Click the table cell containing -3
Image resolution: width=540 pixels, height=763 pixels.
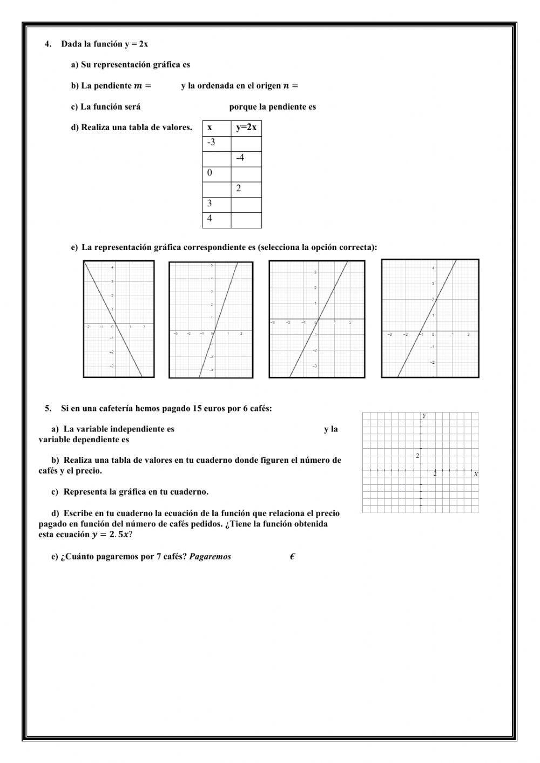pos(216,143)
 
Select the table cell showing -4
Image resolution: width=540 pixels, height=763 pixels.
pos(246,158)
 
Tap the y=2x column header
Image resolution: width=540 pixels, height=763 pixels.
pos(246,128)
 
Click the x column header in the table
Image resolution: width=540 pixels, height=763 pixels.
pos(216,128)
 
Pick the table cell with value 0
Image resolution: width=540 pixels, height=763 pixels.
pos(216,173)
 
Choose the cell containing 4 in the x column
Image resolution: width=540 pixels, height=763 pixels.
pos(216,219)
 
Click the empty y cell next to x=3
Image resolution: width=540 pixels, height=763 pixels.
pos(246,204)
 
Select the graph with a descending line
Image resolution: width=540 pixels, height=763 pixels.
pos(119,319)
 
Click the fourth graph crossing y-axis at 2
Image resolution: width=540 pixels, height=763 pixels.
pos(430,319)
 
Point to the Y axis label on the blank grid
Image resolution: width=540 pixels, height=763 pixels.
pos(424,416)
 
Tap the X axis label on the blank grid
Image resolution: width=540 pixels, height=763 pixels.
pos(475,474)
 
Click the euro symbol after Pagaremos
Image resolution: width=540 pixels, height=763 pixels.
pos(292,557)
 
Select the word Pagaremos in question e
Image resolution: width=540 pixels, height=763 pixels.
pos(210,557)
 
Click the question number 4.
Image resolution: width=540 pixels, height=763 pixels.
pos(48,44)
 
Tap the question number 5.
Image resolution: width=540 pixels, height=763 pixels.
pos(48,408)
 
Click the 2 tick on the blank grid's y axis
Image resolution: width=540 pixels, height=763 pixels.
pos(417,456)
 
